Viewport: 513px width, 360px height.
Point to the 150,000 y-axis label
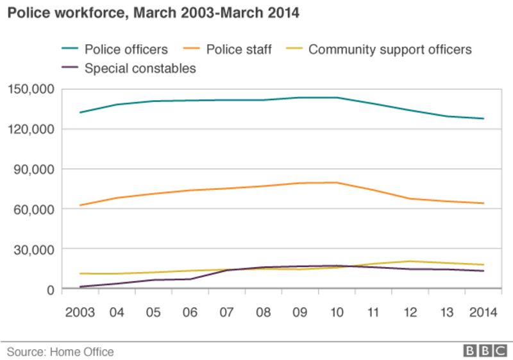point(31,89)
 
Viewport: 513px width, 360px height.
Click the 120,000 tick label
point(31,129)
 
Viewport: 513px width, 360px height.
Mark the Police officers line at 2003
point(80,112)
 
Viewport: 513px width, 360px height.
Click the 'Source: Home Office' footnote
point(60,352)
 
